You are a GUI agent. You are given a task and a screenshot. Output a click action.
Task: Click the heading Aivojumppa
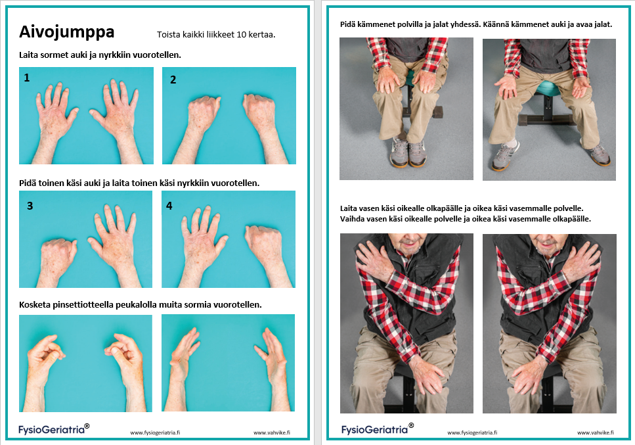[x=67, y=32]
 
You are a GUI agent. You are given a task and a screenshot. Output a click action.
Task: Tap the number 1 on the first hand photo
[x=27, y=78]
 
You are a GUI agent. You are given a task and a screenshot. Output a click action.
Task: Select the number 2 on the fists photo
[x=173, y=80]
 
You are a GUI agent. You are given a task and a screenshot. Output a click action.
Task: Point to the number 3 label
[x=30, y=206]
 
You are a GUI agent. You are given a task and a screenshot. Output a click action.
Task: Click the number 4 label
[x=169, y=206]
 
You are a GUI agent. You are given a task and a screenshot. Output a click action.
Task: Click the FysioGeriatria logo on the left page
[x=54, y=429]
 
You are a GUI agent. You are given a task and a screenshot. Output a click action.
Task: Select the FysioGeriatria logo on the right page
[x=378, y=429]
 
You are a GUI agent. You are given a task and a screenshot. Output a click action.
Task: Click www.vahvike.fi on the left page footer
[x=272, y=433]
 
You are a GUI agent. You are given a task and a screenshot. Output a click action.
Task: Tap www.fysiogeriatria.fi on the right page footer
[x=472, y=433]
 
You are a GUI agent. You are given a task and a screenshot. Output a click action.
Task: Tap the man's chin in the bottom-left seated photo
[x=408, y=248]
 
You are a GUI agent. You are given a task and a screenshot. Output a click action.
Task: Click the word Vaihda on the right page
[x=353, y=219]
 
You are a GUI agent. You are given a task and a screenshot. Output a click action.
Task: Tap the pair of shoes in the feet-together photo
[x=408, y=152]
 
